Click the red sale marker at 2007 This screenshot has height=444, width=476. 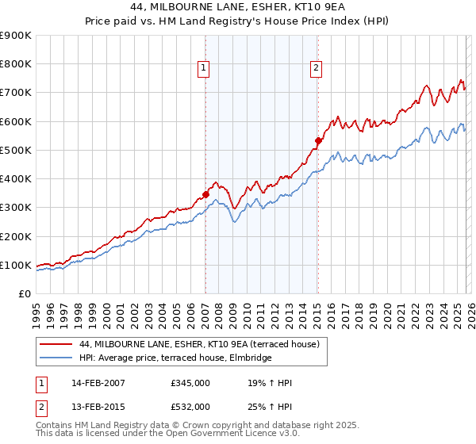point(205,193)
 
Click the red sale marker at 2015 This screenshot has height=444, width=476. point(318,140)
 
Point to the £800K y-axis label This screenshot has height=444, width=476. point(16,64)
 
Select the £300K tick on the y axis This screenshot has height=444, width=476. point(16,208)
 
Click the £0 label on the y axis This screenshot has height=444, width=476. point(24,294)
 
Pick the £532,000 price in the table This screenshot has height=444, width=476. point(190,407)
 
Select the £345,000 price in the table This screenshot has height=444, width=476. point(190,383)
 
